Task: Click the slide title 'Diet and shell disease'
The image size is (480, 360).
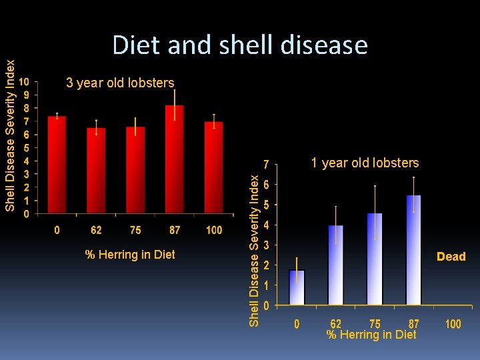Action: click(240, 45)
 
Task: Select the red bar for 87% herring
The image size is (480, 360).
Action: click(175, 160)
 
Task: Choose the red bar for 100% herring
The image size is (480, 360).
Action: click(213, 168)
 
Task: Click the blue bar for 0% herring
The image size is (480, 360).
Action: click(297, 287)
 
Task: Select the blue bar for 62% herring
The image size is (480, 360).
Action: click(335, 265)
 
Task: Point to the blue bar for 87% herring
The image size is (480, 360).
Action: click(413, 250)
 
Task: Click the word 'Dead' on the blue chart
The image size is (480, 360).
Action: click(451, 257)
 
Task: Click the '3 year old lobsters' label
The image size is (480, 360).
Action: click(120, 83)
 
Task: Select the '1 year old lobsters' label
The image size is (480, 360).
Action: click(366, 163)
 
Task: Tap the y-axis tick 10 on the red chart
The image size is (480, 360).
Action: click(23, 82)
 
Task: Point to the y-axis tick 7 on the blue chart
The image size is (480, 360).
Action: click(266, 164)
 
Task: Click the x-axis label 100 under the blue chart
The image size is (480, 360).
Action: click(453, 324)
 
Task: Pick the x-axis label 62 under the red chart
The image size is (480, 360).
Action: click(96, 230)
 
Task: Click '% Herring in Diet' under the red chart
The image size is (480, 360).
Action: click(130, 254)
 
